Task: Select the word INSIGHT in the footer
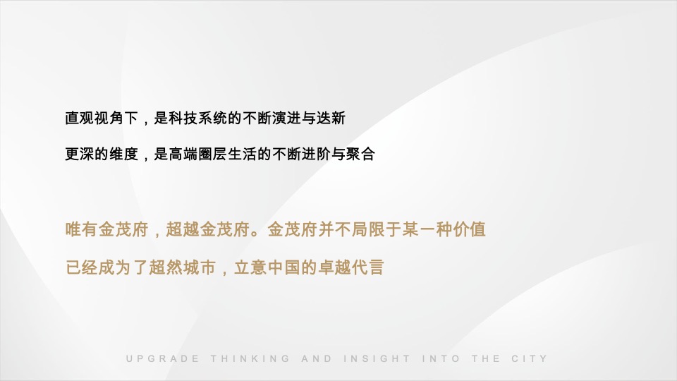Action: coord(377,358)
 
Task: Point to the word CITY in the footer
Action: coord(530,358)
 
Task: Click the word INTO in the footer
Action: coord(441,358)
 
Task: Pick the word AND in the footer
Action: coord(316,358)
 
